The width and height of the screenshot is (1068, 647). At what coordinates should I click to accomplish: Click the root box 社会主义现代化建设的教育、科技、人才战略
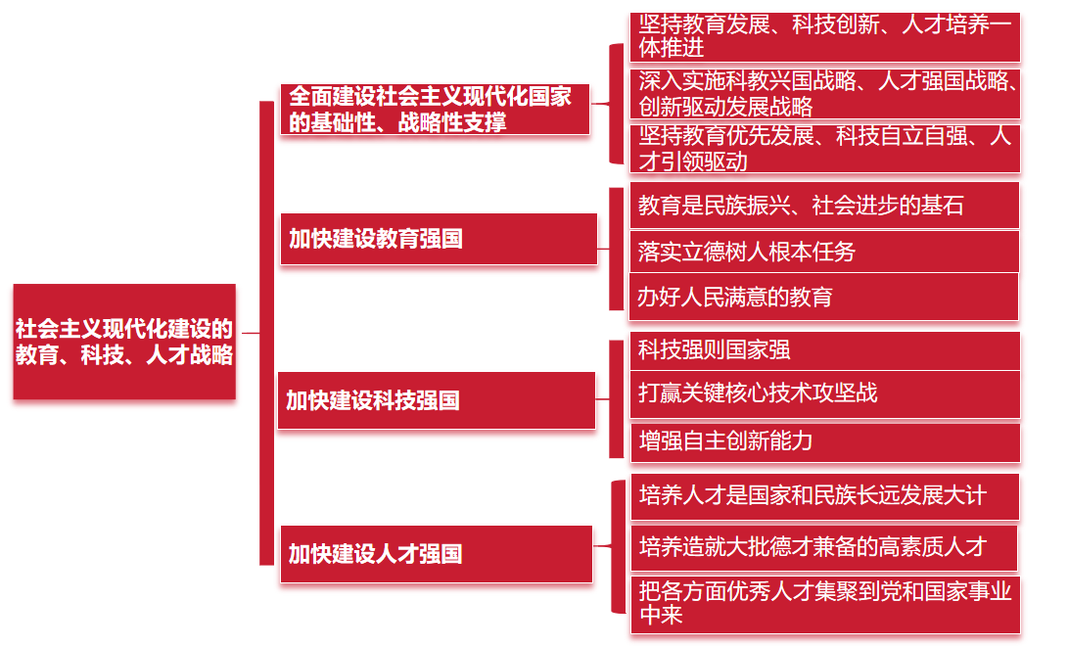coord(124,342)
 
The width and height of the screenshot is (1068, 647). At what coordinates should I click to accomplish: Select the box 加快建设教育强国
coord(439,239)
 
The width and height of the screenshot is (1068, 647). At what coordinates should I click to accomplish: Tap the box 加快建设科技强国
coord(437,400)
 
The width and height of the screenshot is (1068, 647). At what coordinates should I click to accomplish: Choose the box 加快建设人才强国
coord(437,554)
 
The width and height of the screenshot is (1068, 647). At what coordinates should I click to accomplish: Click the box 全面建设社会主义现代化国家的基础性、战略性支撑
coord(435,109)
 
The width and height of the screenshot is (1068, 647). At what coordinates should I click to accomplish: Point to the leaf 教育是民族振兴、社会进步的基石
coord(823,205)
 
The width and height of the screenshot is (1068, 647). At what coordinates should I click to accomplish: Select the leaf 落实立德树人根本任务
coord(823,252)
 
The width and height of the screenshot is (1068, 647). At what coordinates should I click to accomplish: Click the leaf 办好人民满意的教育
coord(823,297)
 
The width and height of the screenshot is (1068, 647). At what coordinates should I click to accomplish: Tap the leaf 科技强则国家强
coord(823,350)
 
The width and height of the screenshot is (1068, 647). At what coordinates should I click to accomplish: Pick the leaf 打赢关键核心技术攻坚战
coord(823,393)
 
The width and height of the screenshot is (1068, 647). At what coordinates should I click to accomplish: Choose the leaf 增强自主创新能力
coord(823,441)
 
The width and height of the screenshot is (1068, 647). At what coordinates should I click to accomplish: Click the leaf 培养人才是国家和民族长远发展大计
coord(823,496)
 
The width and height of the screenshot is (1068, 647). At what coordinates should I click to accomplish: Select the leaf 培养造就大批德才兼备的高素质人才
coord(823,546)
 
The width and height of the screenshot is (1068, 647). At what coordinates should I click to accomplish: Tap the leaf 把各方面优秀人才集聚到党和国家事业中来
coord(823,603)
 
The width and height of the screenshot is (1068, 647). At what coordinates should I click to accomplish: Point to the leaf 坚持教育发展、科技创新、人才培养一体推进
coord(823,37)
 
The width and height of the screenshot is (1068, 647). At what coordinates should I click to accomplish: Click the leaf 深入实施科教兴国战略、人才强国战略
coord(823,93)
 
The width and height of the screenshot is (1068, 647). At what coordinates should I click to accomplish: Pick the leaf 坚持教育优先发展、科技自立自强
coord(823,149)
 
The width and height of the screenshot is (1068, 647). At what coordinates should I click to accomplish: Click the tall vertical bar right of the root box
coord(266,333)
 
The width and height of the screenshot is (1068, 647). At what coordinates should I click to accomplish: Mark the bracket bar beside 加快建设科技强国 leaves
coord(616,398)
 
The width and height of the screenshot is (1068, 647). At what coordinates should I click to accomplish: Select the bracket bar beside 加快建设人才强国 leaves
coord(617,547)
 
